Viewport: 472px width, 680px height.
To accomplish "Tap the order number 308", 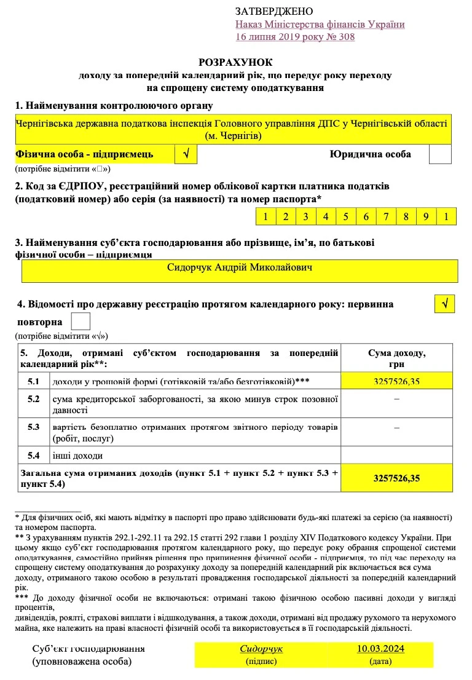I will [345, 37].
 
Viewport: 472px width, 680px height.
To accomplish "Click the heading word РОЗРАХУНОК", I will [235, 63].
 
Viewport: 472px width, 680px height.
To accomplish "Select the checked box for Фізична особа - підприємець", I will [186, 154].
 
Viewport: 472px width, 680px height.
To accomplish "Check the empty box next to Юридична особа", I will [439, 154].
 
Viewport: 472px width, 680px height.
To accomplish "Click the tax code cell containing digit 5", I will [345, 216].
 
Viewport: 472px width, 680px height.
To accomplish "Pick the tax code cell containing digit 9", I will [425, 216].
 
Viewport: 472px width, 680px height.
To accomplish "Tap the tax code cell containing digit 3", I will [305, 216].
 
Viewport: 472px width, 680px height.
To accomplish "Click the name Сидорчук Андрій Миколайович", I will [240, 268].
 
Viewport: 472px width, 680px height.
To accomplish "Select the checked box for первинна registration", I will [444, 304].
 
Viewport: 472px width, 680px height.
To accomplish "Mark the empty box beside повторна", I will [81, 322].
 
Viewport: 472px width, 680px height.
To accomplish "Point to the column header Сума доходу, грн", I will [396, 358].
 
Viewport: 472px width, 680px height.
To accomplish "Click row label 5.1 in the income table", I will [34, 382].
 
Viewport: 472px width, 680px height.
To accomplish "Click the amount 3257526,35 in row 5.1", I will [396, 382].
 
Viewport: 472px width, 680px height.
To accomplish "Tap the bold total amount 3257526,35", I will [396, 478].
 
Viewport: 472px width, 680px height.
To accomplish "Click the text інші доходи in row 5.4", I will [77, 456].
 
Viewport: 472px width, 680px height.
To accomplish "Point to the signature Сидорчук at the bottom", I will [261, 649].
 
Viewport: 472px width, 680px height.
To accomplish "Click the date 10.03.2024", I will [380, 649].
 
